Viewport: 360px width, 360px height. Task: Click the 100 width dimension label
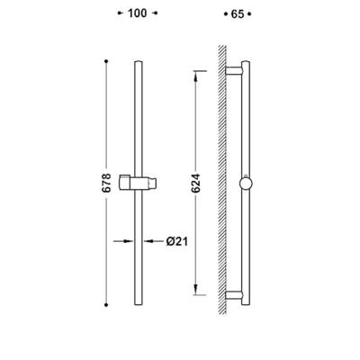pos(138,13)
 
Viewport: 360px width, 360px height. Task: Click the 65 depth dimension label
pos(238,14)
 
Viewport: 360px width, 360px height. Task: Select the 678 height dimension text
pos(106,183)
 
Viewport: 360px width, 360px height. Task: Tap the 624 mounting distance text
pos(195,183)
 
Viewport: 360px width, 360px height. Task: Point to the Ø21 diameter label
pos(177,241)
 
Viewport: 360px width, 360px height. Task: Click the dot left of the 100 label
pos(120,13)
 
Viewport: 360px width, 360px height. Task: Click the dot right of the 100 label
pos(156,13)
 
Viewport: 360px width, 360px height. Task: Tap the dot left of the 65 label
pos(226,14)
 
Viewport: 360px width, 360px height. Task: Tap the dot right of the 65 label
pos(249,14)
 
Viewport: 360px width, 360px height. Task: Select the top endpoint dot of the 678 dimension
pos(106,61)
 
